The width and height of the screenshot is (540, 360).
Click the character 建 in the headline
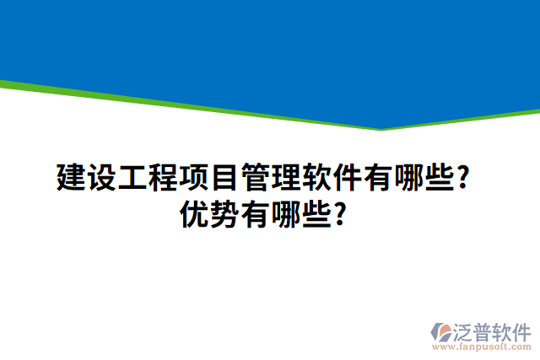tap(72, 179)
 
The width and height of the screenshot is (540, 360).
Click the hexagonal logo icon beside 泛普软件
tap(442, 332)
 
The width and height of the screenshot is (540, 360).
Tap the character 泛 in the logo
tap(467, 330)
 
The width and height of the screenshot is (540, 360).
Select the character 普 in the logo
tap(488, 330)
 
